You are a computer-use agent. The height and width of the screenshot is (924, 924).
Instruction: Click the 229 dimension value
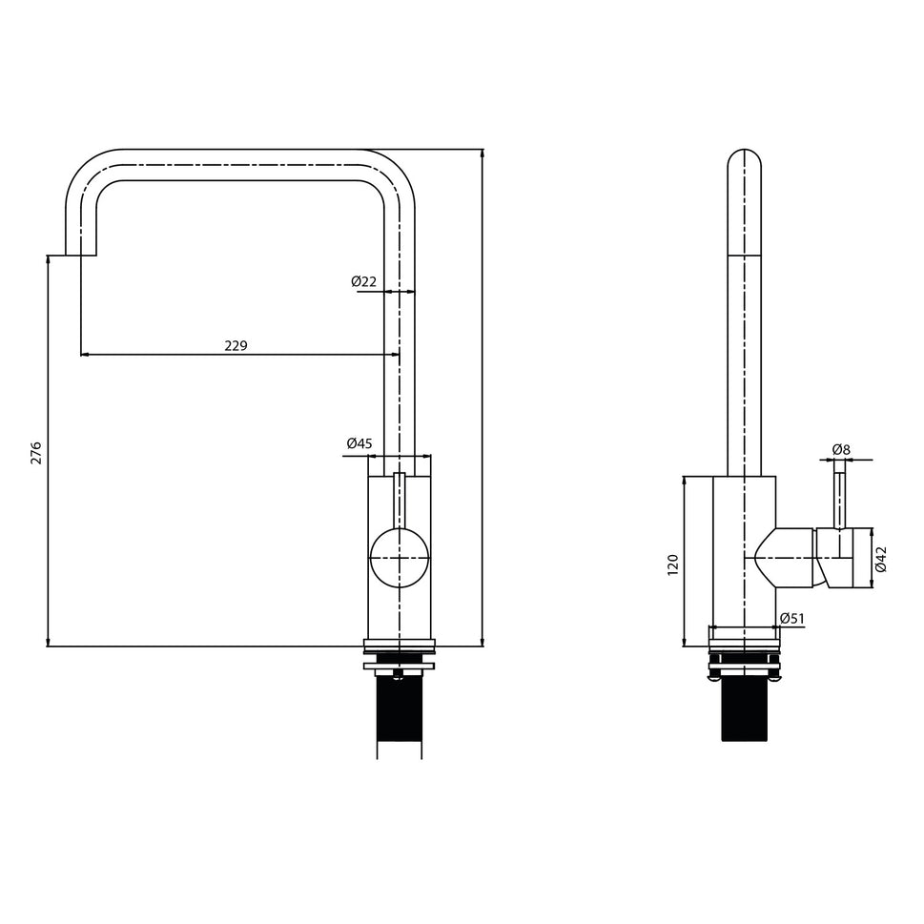(x=236, y=345)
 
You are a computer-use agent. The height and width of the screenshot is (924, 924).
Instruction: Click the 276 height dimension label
(x=36, y=452)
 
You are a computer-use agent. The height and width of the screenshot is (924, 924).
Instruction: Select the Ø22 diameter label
(x=363, y=281)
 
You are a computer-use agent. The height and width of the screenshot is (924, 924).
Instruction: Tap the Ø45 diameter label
(x=359, y=443)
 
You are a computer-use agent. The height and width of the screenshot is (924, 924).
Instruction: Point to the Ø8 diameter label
(x=840, y=449)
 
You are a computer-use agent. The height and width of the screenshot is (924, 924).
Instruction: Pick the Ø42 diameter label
(x=881, y=559)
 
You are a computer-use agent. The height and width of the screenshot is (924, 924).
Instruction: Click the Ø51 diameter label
(x=792, y=619)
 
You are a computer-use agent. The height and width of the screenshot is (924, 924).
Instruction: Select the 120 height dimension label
(x=672, y=564)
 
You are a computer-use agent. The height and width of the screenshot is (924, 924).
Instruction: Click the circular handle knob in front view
(x=400, y=558)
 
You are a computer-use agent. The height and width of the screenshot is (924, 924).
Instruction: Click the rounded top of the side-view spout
(x=744, y=158)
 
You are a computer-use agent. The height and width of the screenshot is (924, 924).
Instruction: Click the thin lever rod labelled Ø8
(x=839, y=497)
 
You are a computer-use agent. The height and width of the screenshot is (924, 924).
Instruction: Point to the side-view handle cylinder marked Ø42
(x=845, y=558)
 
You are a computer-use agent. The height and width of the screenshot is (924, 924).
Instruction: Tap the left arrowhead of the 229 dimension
(x=85, y=355)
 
